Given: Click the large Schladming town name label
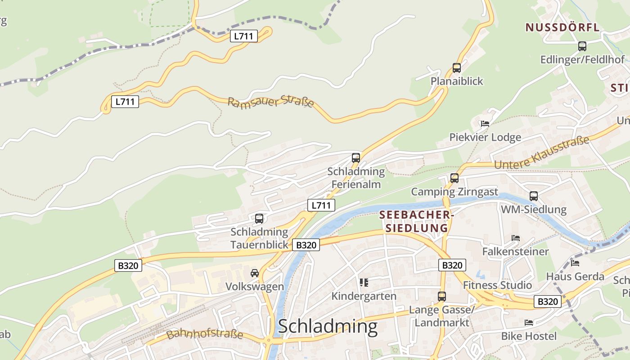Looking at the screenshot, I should (x=328, y=326).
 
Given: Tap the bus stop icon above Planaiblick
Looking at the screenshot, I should (x=457, y=68).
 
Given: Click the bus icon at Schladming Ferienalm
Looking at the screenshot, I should (x=356, y=158).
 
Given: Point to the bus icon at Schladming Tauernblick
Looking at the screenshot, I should (x=259, y=219).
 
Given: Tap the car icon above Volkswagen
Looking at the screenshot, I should (x=255, y=273).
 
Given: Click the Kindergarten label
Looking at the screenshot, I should (x=364, y=296).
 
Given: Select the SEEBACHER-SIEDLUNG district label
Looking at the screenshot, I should (x=414, y=221).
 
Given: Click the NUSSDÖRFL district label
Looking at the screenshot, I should (x=562, y=27).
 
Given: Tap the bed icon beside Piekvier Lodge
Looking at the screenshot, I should (x=485, y=123).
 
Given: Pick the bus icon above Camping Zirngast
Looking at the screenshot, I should (x=454, y=178).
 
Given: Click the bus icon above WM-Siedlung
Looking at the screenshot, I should (x=534, y=196).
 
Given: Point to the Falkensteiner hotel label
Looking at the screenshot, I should (x=515, y=251).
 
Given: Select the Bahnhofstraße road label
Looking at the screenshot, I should (x=205, y=334).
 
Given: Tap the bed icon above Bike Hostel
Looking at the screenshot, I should (x=529, y=323).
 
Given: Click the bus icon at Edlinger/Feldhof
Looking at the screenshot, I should (x=582, y=46).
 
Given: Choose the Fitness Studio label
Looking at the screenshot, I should (x=497, y=285).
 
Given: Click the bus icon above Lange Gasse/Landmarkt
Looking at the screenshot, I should (x=442, y=297).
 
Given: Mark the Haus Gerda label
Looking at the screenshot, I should (x=575, y=276).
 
